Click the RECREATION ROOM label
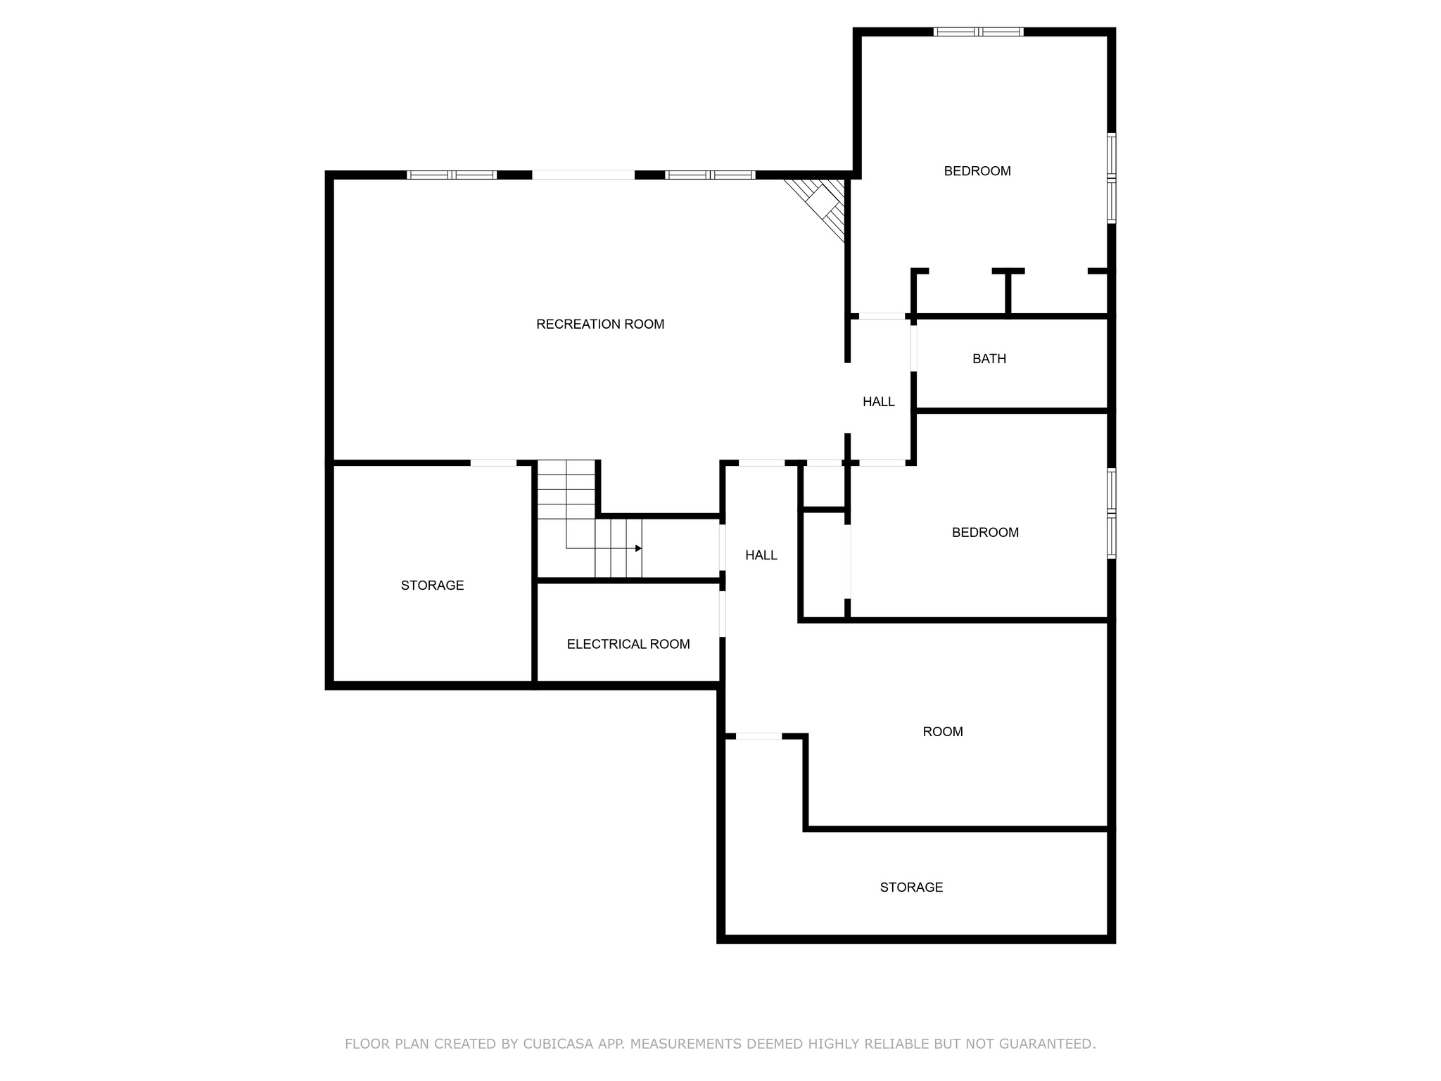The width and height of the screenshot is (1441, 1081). [x=600, y=324]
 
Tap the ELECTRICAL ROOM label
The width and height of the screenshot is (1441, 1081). [x=628, y=644]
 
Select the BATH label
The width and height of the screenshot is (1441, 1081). [x=989, y=359]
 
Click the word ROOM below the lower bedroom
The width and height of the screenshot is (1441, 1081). [x=943, y=732]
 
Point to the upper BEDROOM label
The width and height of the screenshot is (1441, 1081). [x=977, y=171]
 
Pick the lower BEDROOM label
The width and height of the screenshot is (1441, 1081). [x=985, y=533]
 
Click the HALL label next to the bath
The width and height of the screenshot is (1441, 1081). [x=879, y=402]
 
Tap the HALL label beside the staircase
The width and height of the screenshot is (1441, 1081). [x=761, y=555]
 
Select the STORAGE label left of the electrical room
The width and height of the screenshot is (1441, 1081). [x=432, y=586]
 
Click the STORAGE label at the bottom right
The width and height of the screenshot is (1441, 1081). [x=911, y=887]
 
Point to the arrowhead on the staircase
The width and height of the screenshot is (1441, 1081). [x=638, y=548]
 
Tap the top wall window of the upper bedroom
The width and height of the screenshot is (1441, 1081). [x=978, y=32]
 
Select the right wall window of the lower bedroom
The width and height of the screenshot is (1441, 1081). [x=1112, y=513]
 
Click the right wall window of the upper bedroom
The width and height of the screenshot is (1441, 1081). [x=1112, y=178]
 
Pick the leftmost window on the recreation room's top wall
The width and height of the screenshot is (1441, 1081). [x=452, y=175]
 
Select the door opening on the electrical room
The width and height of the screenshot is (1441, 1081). [x=723, y=614]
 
